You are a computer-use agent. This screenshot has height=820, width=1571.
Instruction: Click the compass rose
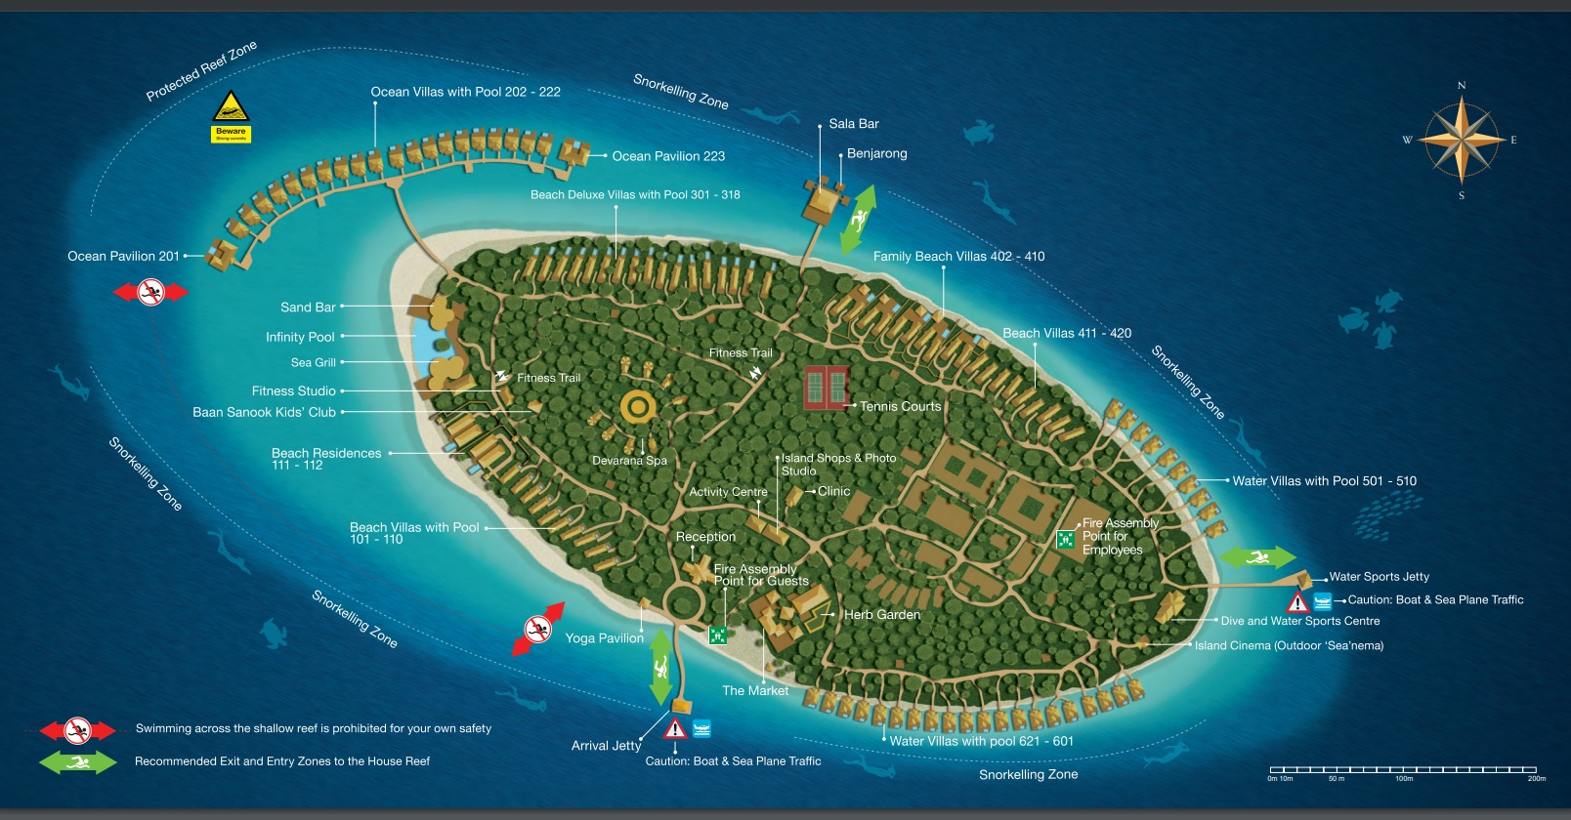pyautogui.click(x=1461, y=140)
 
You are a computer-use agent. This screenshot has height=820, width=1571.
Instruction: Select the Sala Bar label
pyautogui.click(x=854, y=124)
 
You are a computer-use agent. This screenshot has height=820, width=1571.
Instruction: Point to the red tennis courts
pyautogui.click(x=826, y=388)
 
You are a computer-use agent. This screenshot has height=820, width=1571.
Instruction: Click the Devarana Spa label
pyautogui.click(x=629, y=461)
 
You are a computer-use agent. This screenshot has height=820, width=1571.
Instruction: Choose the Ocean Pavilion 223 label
pyautogui.click(x=668, y=156)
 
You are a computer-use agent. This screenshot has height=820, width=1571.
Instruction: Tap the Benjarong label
pyautogui.click(x=876, y=153)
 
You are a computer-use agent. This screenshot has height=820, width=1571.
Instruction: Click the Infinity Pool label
pyautogui.click(x=300, y=337)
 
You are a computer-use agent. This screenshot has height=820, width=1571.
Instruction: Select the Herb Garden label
pyautogui.click(x=881, y=615)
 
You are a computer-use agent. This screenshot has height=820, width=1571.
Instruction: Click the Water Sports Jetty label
pyautogui.click(x=1379, y=577)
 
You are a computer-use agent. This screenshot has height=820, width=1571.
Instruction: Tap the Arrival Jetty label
pyautogui.click(x=606, y=746)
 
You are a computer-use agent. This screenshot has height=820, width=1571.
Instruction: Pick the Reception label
pyautogui.click(x=705, y=537)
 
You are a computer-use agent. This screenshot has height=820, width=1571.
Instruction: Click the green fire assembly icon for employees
pyautogui.click(x=1065, y=539)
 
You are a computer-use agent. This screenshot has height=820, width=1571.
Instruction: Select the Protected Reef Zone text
pyautogui.click(x=201, y=70)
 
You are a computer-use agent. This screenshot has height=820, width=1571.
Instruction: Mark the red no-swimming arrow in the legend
pyautogui.click(x=77, y=729)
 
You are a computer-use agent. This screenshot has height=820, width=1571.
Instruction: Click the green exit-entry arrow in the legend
pyautogui.click(x=77, y=761)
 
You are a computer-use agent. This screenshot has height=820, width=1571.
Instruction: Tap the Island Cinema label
pyautogui.click(x=1289, y=645)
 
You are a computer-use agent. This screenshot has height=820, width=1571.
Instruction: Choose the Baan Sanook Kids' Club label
pyautogui.click(x=264, y=412)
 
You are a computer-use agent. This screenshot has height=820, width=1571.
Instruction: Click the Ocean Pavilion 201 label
pyautogui.click(x=123, y=256)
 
